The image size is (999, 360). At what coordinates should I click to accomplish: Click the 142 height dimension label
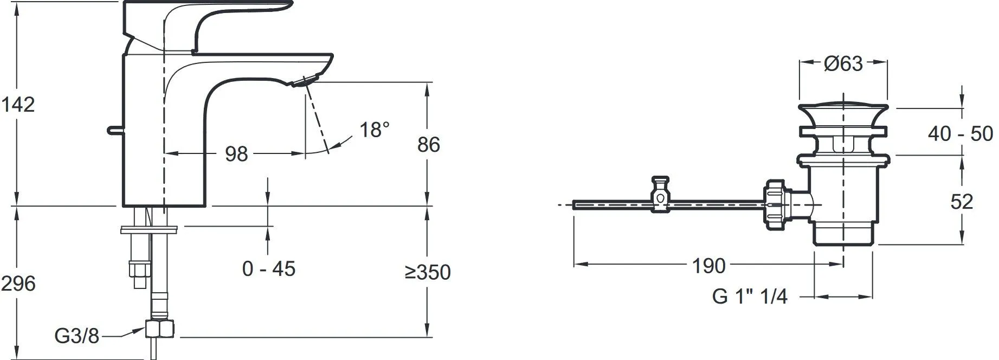(18, 105)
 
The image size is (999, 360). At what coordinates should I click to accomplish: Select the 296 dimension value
(18, 284)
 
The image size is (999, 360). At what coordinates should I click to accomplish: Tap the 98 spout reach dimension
(236, 155)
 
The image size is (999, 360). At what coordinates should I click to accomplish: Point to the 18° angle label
(375, 130)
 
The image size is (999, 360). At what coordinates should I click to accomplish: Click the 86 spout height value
(429, 145)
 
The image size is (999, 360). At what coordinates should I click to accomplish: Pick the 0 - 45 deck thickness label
(269, 268)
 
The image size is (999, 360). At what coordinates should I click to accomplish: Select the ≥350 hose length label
(428, 272)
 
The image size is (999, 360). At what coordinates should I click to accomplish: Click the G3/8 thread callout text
(77, 337)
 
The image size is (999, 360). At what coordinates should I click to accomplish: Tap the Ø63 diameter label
(843, 64)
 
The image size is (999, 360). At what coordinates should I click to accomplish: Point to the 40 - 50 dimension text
(960, 133)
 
